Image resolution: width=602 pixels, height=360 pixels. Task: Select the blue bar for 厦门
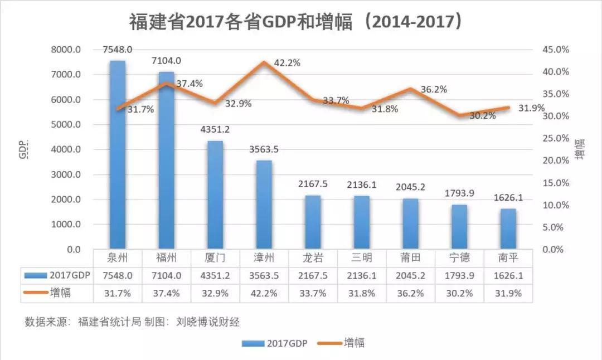(215, 195)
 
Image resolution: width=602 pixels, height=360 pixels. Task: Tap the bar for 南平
(508, 229)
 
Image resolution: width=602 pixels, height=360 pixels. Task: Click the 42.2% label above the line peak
(287, 63)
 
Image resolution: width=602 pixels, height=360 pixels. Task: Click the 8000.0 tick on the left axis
(67, 50)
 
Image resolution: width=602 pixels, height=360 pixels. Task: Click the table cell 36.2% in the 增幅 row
(410, 293)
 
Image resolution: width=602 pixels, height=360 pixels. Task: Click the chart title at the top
(297, 22)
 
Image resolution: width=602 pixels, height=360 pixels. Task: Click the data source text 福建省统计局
(109, 322)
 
